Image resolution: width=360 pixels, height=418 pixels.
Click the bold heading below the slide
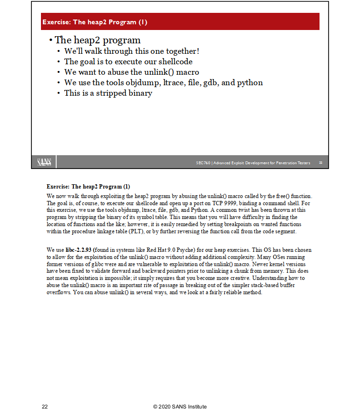point(88,186)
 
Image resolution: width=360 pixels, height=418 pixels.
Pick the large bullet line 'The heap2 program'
point(98,40)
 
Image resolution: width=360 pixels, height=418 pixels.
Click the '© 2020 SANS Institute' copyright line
point(180,407)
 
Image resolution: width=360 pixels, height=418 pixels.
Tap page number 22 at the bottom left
point(45,407)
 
